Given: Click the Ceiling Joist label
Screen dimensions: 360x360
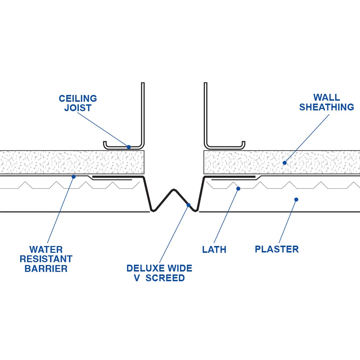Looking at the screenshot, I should coord(78,103).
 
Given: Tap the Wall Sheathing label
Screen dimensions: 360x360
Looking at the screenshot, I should coord(327,102).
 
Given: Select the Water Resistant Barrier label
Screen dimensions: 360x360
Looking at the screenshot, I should coord(46,259).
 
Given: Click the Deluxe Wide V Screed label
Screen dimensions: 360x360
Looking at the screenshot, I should coord(159,273).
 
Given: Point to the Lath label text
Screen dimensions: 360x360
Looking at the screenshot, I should coord(214,250).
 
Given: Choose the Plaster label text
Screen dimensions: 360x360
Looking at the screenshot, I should coord(277,249).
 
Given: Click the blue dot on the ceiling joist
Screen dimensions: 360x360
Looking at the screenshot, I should coord(129,147).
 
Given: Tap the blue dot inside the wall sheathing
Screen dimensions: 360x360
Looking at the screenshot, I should coord(284,163).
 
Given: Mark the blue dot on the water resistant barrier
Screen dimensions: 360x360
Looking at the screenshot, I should coord(73,177).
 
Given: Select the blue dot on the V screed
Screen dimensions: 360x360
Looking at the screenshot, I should coord(189,205).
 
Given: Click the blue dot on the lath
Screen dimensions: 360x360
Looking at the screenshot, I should coord(238,188).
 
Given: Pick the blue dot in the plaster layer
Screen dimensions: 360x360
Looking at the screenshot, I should coord(296,199).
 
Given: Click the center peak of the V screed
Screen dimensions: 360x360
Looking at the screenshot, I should coord(174,190).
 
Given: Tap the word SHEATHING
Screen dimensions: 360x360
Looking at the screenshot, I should coord(327,107).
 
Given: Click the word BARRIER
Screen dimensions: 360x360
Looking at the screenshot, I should coord(46,269).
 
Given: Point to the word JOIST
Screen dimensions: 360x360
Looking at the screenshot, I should coord(78,108).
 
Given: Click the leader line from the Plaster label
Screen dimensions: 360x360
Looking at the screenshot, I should coord(287,221).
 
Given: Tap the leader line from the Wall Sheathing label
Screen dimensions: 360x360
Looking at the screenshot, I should coord(307,138).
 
